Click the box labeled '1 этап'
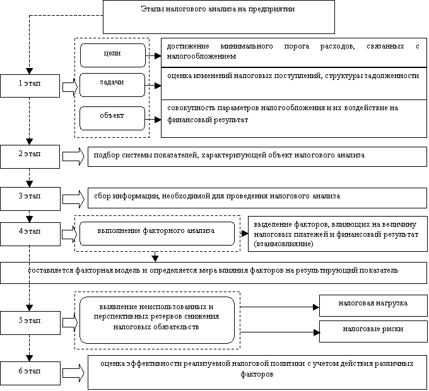click(x=30, y=86)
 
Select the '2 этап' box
click(x=30, y=156)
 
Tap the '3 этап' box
click(x=30, y=199)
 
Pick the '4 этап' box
click(x=30, y=234)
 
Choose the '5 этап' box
click(x=30, y=323)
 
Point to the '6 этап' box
click(x=30, y=373)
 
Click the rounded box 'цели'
click(x=113, y=55)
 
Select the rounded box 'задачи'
click(x=112, y=85)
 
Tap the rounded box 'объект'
click(x=112, y=118)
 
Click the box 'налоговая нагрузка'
click(x=373, y=305)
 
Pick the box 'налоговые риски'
click(x=373, y=331)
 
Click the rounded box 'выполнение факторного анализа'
click(x=157, y=234)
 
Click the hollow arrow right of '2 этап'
click(x=74, y=156)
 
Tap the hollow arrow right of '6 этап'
click(x=74, y=373)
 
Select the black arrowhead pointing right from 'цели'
click(x=158, y=56)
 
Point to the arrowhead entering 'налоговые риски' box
click(x=317, y=332)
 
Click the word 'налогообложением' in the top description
click(x=201, y=56)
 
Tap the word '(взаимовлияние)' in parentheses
click(x=283, y=244)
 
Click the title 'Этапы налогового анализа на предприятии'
click(x=218, y=9)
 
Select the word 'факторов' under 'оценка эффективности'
click(x=257, y=374)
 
